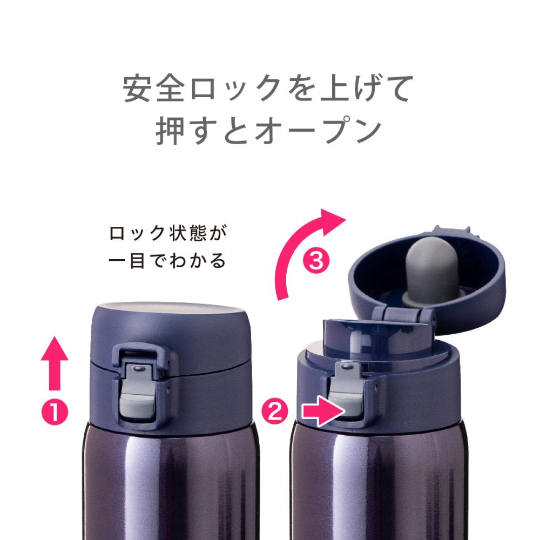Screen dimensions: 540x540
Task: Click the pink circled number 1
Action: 55,412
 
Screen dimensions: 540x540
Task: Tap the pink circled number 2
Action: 275,410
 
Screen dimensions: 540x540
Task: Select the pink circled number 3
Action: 316,261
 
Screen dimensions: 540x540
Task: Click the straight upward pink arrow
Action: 55,363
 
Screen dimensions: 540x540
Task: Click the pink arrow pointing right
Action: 323,411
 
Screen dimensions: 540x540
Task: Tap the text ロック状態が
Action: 168,233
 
